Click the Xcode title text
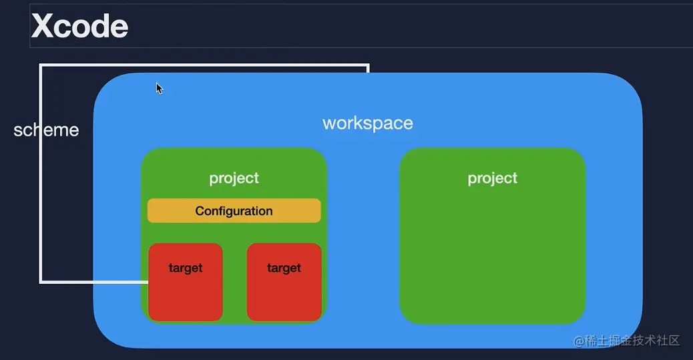pyautogui.click(x=79, y=25)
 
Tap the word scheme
pyautogui.click(x=47, y=130)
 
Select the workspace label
pyautogui.click(x=368, y=124)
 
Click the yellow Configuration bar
pyautogui.click(x=234, y=210)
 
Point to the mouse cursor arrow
pyautogui.click(x=159, y=88)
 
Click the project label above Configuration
pyautogui.click(x=234, y=178)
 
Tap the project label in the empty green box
pyautogui.click(x=492, y=178)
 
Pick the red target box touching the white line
pyautogui.click(x=185, y=282)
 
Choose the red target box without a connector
pyautogui.click(x=284, y=282)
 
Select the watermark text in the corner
pyautogui.click(x=626, y=340)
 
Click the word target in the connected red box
pyautogui.click(x=186, y=268)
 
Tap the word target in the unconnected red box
pyautogui.click(x=284, y=268)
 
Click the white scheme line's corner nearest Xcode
pyautogui.click(x=41, y=65)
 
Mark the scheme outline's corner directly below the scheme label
pyautogui.click(x=41, y=282)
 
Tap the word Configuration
pyautogui.click(x=234, y=211)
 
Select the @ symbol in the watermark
pyautogui.click(x=579, y=341)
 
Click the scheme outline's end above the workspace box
pyautogui.click(x=368, y=71)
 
